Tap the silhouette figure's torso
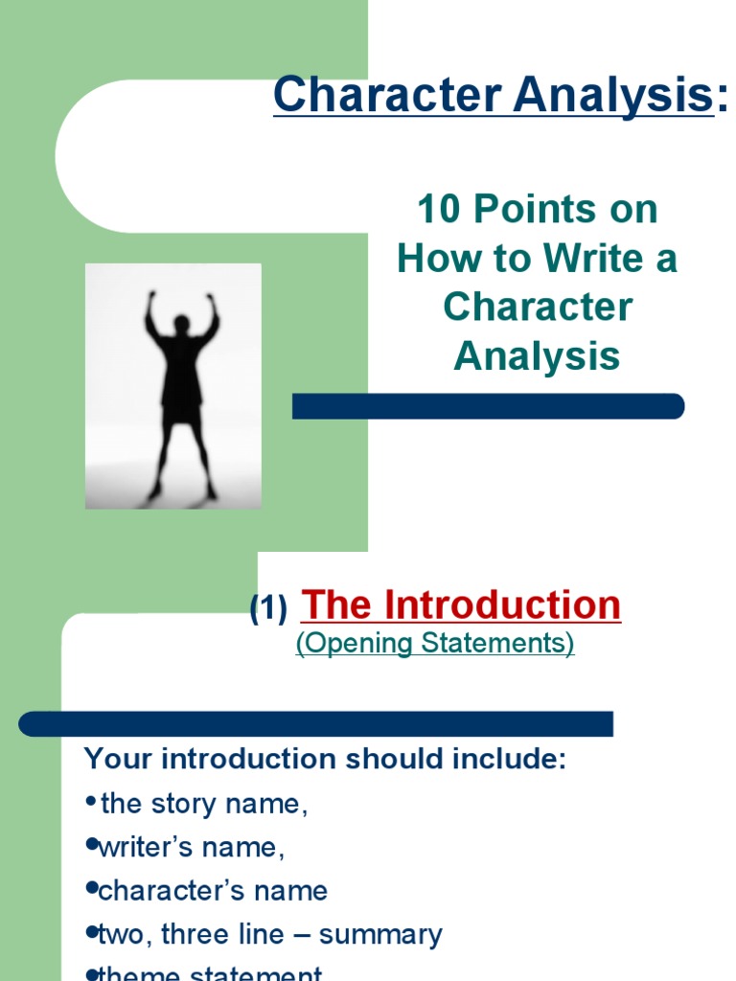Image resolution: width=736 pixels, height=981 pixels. point(181,374)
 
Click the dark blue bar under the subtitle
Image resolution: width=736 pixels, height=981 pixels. point(488,406)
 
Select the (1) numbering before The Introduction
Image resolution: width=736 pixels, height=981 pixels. point(268,609)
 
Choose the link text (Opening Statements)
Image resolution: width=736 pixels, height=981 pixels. point(435,644)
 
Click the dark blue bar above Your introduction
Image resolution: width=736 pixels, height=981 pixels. point(316,723)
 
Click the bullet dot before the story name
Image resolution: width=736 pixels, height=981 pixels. point(91,802)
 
